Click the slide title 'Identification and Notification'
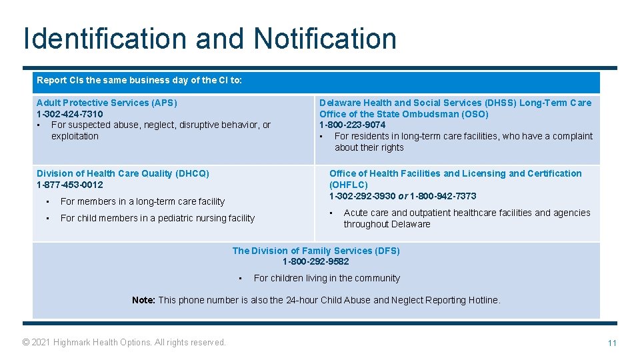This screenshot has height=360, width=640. click(x=209, y=39)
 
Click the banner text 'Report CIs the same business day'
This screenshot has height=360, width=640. click(x=139, y=80)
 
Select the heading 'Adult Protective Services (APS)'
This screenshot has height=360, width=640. click(x=107, y=103)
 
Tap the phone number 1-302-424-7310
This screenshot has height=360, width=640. click(x=69, y=114)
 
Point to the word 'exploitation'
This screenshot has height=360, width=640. click(x=75, y=136)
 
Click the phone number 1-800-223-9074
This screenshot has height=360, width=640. click(x=352, y=125)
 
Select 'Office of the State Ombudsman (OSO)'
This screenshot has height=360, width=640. click(x=403, y=114)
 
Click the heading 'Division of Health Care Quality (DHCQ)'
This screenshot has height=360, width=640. click(x=123, y=173)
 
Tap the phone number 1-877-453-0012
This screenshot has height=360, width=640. click(x=69, y=185)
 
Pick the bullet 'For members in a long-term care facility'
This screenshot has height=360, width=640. click(x=142, y=201)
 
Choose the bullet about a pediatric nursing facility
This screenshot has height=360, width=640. click(x=157, y=218)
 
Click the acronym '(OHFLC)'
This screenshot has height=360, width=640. click(x=348, y=185)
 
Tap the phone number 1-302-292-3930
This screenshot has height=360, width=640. click(x=362, y=196)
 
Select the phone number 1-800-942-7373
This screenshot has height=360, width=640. click(x=443, y=196)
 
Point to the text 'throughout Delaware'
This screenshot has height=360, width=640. click(x=387, y=224)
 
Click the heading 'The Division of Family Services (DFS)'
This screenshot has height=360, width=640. click(x=316, y=251)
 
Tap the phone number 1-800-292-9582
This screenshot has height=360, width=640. click(x=316, y=261)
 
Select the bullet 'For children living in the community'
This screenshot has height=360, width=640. click(x=327, y=278)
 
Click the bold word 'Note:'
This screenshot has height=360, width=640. click(x=143, y=300)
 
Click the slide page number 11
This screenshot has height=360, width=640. click(x=611, y=343)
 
